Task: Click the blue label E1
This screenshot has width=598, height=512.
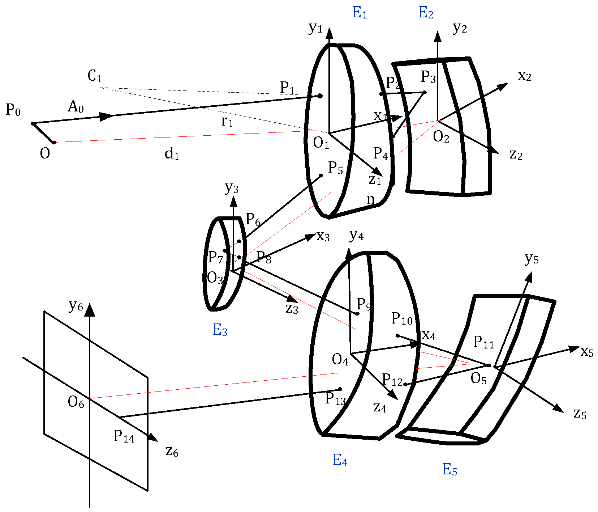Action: pyautogui.click(x=360, y=13)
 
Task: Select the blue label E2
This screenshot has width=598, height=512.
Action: pyautogui.click(x=426, y=13)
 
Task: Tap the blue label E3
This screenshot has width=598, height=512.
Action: pyautogui.click(x=220, y=330)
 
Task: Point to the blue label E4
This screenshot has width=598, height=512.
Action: pyautogui.click(x=340, y=460)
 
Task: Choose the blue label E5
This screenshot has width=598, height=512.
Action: pyautogui.click(x=449, y=470)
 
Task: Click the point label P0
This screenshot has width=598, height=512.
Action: pyautogui.click(x=13, y=110)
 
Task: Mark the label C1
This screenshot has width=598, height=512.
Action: pyautogui.click(x=95, y=76)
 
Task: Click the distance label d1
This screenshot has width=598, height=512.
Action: pyautogui.click(x=172, y=154)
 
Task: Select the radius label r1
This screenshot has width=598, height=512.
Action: pyautogui.click(x=227, y=122)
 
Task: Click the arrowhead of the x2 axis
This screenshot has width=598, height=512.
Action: pyautogui.click(x=504, y=86)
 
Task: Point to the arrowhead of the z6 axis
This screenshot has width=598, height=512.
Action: pyautogui.click(x=154, y=438)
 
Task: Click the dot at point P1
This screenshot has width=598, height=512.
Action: pyautogui.click(x=320, y=96)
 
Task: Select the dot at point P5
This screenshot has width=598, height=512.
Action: pyautogui.click(x=321, y=175)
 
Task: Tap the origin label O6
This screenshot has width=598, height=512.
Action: pyautogui.click(x=76, y=402)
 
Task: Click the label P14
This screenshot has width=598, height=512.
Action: pyautogui.click(x=124, y=436)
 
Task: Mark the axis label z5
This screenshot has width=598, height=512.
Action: pyautogui.click(x=580, y=414)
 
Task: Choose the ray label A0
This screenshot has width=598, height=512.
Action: pyautogui.click(x=76, y=107)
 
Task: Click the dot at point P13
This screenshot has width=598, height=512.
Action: pyautogui.click(x=340, y=389)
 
